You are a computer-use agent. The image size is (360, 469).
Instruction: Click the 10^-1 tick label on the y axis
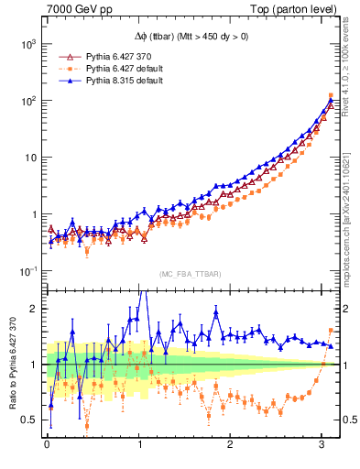[28, 271]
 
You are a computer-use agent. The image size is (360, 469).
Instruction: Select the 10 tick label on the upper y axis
[30, 158]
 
